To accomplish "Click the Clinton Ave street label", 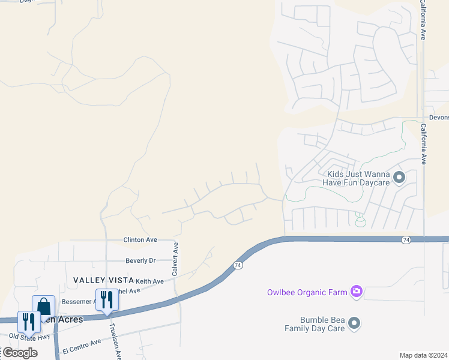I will point(140,240).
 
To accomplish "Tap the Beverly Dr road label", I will point(140,261).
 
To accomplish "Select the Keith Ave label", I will point(149,281).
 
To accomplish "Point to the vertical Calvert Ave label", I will point(175,259).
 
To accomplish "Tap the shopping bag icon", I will point(44,307).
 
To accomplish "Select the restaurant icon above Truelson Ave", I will point(107,299).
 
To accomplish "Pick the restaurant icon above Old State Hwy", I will point(29,322).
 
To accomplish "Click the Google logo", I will point(20,353).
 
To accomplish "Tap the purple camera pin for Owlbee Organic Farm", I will point(357,292).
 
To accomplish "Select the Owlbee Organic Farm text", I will point(307,292).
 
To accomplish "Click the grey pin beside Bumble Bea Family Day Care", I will point(354,324).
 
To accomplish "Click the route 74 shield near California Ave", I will point(407,240).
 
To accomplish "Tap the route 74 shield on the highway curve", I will point(238,265).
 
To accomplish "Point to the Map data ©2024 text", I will point(423,355).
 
